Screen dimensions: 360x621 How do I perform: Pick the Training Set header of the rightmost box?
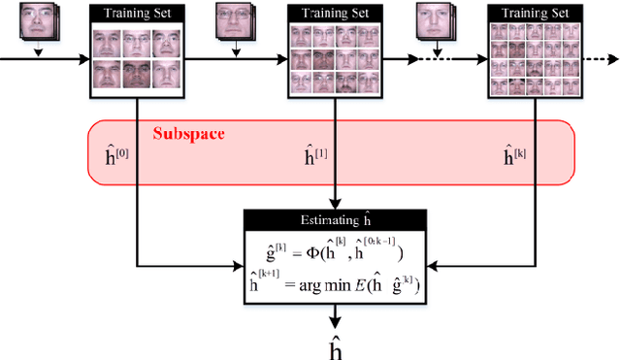tap(530, 14)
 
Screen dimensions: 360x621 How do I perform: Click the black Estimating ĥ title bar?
tap(334, 219)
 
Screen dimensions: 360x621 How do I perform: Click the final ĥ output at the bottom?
tap(334, 345)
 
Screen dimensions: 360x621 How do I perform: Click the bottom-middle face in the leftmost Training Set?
tap(135, 75)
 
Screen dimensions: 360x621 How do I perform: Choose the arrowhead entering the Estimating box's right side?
tap(428, 262)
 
